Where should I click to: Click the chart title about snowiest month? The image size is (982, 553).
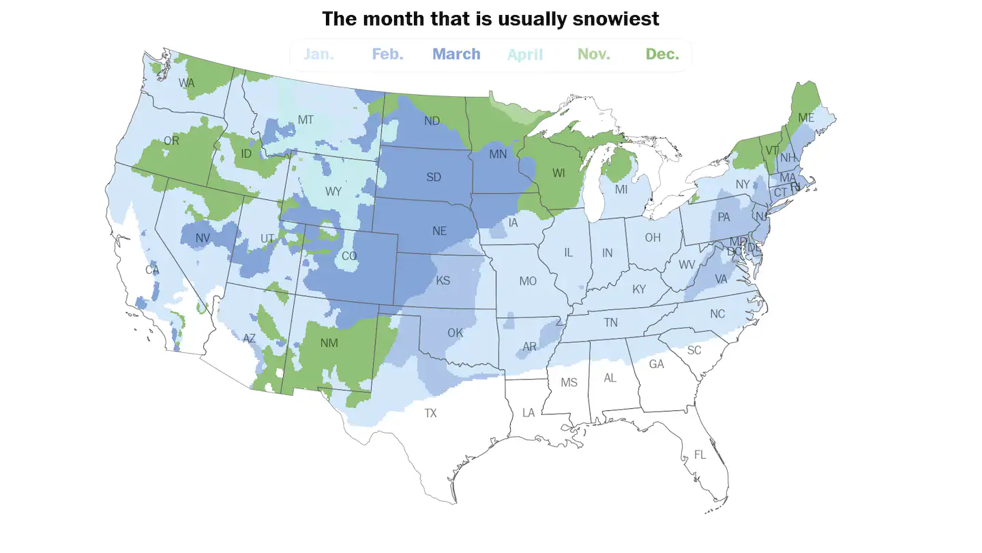point(490,18)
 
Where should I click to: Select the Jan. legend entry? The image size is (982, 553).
point(318,54)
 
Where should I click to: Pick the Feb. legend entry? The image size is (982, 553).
point(387,54)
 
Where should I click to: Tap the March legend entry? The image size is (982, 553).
point(456,54)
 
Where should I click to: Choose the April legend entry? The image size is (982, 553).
point(525,54)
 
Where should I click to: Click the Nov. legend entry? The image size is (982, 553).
point(594,54)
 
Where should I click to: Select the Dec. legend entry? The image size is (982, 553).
point(662,54)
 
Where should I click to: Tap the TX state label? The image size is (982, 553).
point(430,413)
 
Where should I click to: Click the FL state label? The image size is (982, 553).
point(700,454)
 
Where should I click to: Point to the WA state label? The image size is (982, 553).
point(187,83)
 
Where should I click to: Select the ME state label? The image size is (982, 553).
point(806,118)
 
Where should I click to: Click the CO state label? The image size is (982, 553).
point(349,257)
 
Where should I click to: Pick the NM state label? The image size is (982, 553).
point(329,343)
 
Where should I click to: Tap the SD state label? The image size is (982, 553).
point(434,178)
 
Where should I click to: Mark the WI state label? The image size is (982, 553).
point(559,173)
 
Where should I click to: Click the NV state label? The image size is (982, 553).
point(203,238)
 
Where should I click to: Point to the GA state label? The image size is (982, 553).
point(656,365)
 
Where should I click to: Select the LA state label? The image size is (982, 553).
point(529,413)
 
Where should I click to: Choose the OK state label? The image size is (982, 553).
point(455,333)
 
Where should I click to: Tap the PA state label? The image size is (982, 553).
point(724,218)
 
